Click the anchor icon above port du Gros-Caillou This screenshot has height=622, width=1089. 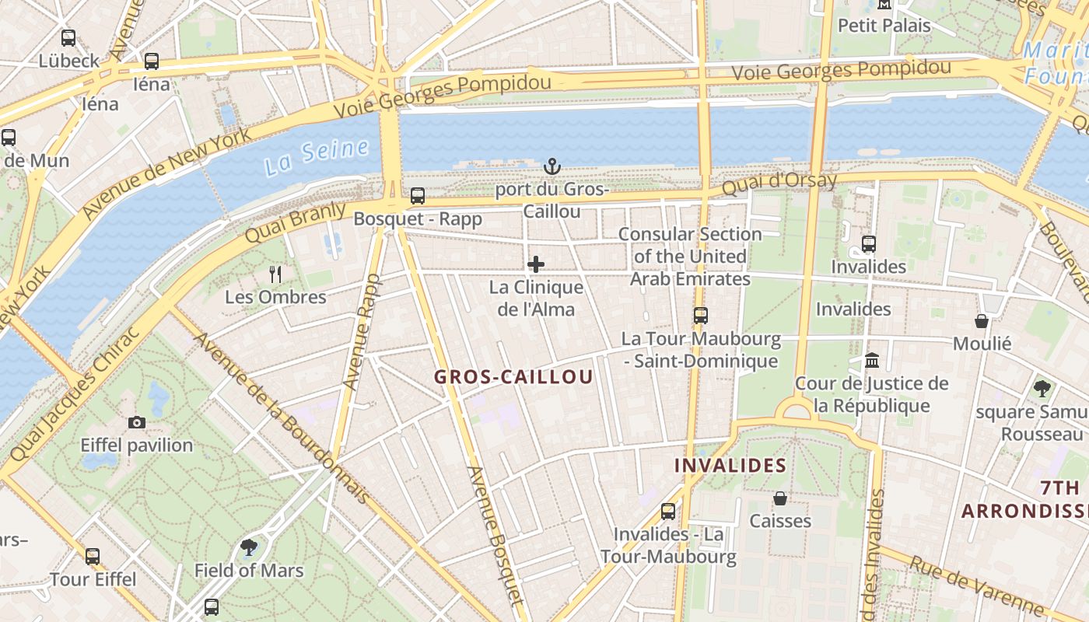click(552, 166)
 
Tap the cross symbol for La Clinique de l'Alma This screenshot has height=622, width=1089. click(536, 264)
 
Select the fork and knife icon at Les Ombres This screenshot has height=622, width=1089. click(275, 274)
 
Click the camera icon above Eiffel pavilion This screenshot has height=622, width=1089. click(137, 422)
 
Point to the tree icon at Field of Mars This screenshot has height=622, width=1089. click(249, 547)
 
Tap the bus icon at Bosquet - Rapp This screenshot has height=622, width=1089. click(418, 196)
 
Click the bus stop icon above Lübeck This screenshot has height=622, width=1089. click(68, 37)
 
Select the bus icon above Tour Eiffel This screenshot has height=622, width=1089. click(93, 557)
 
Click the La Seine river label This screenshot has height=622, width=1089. click(316, 155)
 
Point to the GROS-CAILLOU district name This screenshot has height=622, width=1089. click(513, 377)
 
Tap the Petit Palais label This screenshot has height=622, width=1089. click(884, 26)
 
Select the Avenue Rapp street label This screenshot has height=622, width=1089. click(362, 332)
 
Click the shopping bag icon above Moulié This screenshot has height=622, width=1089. click(982, 321)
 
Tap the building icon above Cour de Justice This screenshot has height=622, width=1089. click(872, 361)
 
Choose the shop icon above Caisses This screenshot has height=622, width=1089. click(780, 498)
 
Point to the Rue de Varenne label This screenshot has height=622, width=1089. click(976, 585)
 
